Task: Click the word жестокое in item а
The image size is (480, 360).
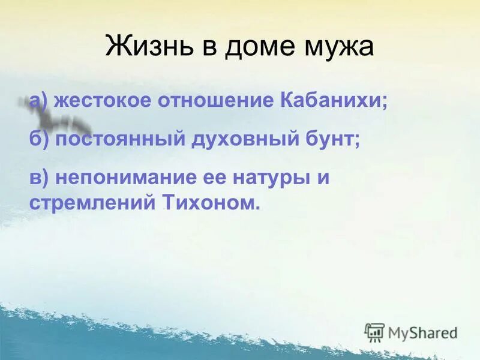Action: click(x=101, y=100)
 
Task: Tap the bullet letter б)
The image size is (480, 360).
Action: click(x=39, y=139)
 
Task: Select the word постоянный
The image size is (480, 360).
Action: click(x=120, y=139)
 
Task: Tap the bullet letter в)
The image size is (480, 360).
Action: click(x=38, y=178)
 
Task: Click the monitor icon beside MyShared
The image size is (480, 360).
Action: click(x=374, y=332)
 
